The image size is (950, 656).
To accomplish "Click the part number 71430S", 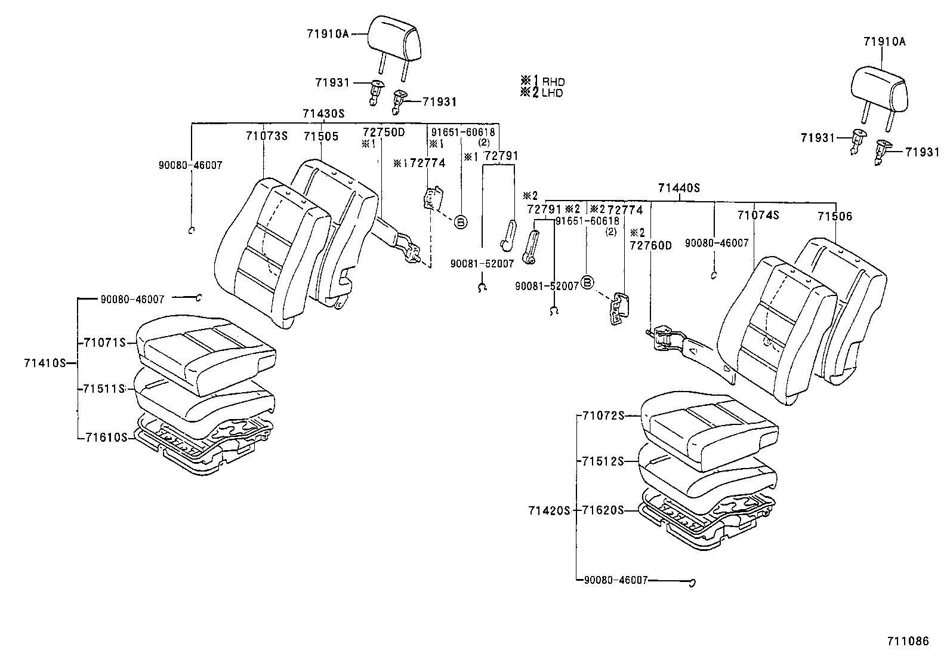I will pos(323,113).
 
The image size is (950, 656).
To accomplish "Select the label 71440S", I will pos(678,188).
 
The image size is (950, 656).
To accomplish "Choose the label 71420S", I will pos(549,510).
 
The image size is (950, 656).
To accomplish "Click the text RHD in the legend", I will pos(553,82).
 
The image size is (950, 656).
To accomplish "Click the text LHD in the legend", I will pos(553,93).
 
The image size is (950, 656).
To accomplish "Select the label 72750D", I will pos(384,131).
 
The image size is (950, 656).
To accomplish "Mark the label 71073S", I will pos(266,136).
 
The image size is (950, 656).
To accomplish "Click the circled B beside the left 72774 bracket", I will pos(460,221).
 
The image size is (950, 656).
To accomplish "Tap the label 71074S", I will pos(758,215).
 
